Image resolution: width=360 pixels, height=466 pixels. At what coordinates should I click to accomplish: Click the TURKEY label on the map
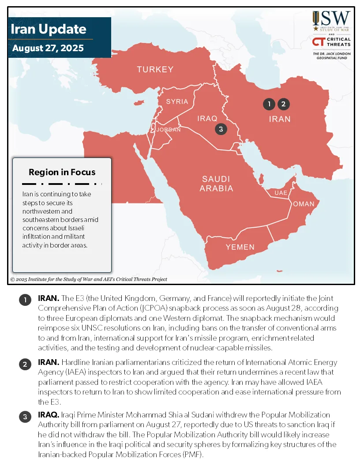point(155,69)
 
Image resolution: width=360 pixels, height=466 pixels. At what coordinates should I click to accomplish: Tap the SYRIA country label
point(177,101)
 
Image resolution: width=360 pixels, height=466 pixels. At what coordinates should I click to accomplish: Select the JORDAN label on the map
point(169,130)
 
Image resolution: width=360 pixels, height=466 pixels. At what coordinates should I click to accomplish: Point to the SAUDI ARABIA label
point(216,184)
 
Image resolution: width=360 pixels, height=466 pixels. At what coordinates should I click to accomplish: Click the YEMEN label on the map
point(240,247)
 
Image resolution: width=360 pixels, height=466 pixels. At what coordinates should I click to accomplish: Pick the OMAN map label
point(304,204)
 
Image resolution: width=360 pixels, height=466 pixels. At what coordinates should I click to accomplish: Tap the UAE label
point(281,193)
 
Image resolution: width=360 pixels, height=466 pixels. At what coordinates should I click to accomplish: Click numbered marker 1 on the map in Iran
point(269,104)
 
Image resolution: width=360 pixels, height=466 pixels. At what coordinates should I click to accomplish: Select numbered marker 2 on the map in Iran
point(283,104)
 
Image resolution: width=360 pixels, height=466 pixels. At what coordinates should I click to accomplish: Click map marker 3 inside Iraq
point(221,129)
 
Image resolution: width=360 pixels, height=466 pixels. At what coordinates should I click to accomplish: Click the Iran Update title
point(48,29)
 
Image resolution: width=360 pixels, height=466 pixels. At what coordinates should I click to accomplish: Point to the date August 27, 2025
point(48,48)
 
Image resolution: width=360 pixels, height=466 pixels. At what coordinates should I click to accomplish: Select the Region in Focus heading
point(62,172)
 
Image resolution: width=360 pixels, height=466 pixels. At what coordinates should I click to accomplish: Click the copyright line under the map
point(88,279)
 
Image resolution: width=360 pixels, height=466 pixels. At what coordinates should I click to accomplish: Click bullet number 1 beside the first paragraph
point(25,301)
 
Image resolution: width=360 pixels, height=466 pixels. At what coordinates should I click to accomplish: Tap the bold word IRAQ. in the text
point(49,415)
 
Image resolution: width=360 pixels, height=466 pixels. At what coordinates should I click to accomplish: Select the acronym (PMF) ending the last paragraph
point(194,455)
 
